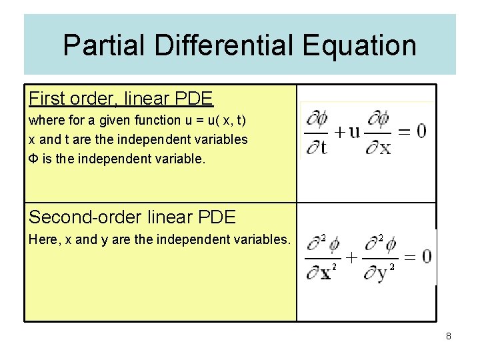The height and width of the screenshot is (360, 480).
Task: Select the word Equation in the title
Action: point(359,45)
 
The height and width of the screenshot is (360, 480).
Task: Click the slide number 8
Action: point(449,337)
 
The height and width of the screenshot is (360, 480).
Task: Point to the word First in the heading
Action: point(47,99)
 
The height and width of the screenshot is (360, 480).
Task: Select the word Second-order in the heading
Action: point(81,217)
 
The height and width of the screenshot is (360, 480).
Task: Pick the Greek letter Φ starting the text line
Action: point(33,159)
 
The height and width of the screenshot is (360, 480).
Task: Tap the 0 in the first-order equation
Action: point(421,131)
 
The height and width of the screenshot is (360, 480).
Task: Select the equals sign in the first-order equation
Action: point(403,131)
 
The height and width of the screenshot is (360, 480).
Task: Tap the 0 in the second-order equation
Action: point(427,256)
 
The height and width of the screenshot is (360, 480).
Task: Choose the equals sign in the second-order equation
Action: point(409,257)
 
